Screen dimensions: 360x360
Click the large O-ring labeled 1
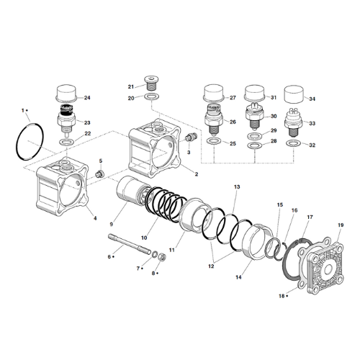click(17, 142)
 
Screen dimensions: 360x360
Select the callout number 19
click(341, 225)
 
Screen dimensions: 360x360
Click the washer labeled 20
click(152, 97)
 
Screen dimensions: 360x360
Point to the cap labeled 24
click(66, 92)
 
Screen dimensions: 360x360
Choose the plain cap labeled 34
click(294, 94)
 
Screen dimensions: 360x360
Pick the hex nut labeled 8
click(163, 257)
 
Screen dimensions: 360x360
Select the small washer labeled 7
click(155, 253)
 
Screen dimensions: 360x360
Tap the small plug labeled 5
click(99, 174)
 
